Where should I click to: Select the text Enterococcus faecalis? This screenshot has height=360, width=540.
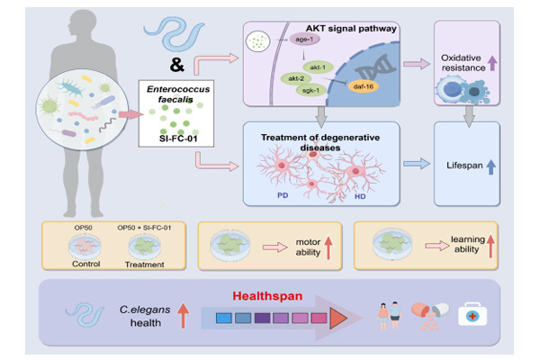[x=171, y=96]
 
